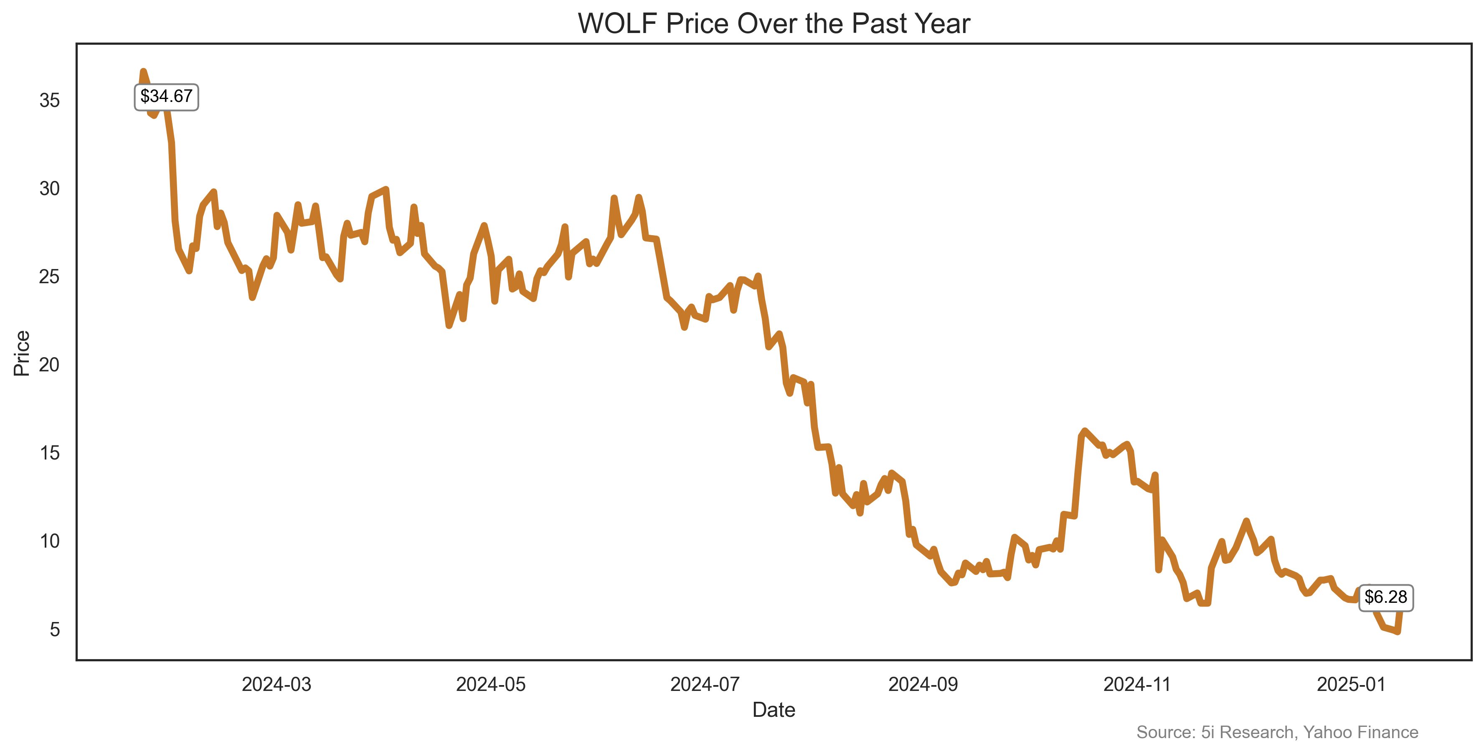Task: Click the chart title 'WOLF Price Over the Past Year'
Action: pyautogui.click(x=774, y=24)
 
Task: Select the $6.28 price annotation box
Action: pyautogui.click(x=1385, y=597)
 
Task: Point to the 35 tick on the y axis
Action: pyautogui.click(x=50, y=101)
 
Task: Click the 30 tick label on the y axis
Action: pyautogui.click(x=50, y=188)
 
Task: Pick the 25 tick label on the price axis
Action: pyautogui.click(x=50, y=277)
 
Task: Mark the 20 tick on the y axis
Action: pyautogui.click(x=50, y=365)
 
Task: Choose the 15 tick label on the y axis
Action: pyautogui.click(x=50, y=453)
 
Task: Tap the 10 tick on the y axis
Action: pyautogui.click(x=50, y=541)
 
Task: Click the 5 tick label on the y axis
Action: pyautogui.click(x=55, y=630)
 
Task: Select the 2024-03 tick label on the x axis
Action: pyautogui.click(x=277, y=684)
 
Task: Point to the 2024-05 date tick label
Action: pyautogui.click(x=491, y=684)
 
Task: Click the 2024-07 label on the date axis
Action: pyautogui.click(x=705, y=684)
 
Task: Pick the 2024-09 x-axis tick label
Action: pyautogui.click(x=923, y=684)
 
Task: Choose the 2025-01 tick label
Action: pyautogui.click(x=1351, y=684)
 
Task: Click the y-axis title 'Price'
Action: pyautogui.click(x=21, y=353)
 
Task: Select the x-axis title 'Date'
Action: pyautogui.click(x=774, y=710)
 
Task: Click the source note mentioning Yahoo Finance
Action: pyautogui.click(x=1277, y=732)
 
